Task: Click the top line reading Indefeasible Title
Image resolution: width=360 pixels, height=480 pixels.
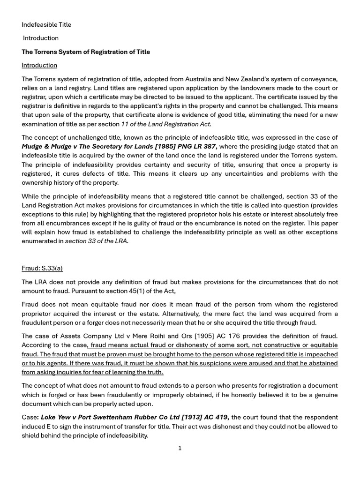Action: coord(46,24)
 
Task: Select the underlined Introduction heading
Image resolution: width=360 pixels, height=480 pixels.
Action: coord(39,65)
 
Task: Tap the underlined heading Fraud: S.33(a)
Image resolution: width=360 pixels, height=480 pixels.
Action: coord(42,268)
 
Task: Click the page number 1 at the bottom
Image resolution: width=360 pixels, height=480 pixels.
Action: coord(180,448)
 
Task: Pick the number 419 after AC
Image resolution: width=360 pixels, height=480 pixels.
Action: coord(221,417)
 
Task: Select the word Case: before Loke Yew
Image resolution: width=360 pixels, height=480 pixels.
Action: coord(30,417)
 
